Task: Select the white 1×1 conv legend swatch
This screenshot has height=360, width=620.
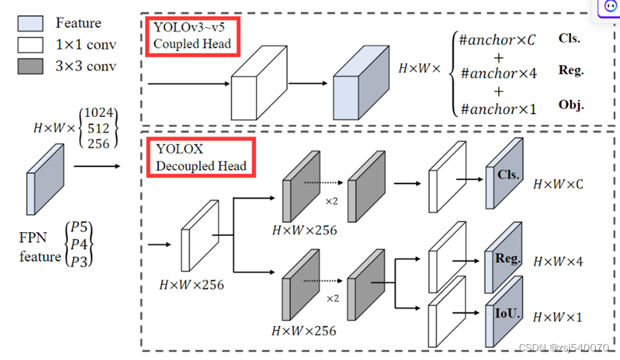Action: (x=29, y=45)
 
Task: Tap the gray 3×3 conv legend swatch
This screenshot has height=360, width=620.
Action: (x=29, y=67)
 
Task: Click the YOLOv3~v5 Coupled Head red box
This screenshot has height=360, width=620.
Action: (x=191, y=35)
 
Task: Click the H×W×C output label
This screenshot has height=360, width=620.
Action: (x=558, y=184)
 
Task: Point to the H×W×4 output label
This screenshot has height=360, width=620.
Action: (x=558, y=262)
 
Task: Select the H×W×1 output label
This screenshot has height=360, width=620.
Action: (x=558, y=317)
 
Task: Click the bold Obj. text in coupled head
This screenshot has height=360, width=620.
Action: (x=571, y=105)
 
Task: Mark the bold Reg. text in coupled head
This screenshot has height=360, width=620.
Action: (x=571, y=70)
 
